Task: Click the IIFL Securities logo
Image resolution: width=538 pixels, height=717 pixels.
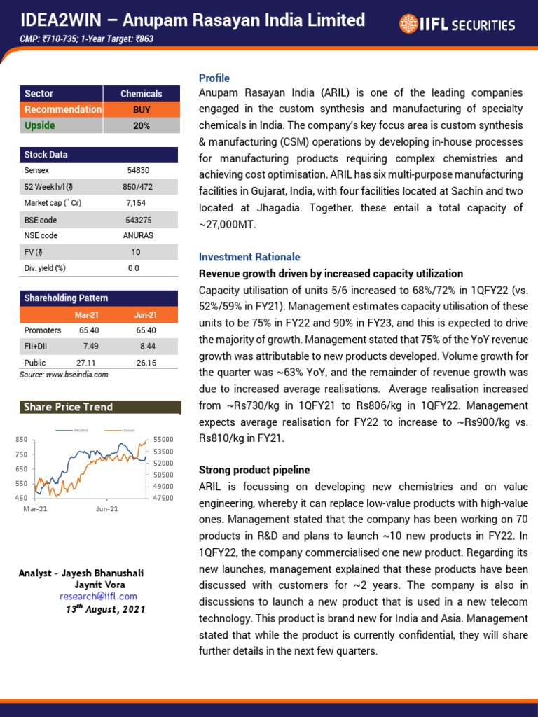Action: (x=457, y=25)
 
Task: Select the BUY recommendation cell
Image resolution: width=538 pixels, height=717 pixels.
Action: (x=142, y=110)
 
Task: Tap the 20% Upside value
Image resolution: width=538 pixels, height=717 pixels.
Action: (x=142, y=126)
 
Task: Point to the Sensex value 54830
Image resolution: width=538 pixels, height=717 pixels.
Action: (x=133, y=170)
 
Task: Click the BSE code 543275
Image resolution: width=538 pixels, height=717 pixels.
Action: (x=133, y=219)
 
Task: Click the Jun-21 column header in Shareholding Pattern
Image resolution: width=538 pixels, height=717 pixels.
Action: (x=146, y=315)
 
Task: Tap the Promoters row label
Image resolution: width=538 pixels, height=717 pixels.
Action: (x=42, y=330)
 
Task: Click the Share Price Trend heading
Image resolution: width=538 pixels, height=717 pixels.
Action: (x=68, y=407)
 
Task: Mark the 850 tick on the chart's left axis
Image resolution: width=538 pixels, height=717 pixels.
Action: (x=22, y=439)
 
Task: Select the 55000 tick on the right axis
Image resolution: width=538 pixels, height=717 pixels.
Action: (x=163, y=439)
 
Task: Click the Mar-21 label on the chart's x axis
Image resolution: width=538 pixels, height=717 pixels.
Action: (x=35, y=509)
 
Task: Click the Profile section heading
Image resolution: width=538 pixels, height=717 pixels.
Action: (x=214, y=78)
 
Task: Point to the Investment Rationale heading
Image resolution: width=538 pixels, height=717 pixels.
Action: (x=249, y=257)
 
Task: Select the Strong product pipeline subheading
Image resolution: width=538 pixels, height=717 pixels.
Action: (x=254, y=470)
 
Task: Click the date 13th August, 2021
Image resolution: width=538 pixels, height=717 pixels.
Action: (x=105, y=609)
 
